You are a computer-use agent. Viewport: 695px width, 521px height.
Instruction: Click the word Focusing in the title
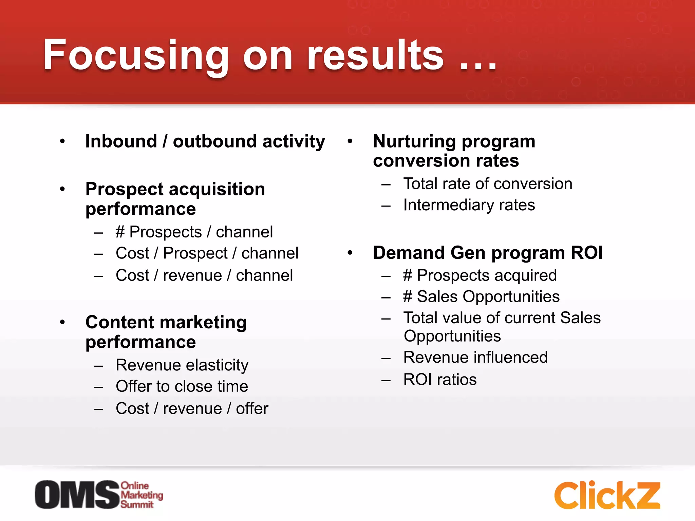coord(136,55)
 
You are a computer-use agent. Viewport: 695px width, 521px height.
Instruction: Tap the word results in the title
coord(375,55)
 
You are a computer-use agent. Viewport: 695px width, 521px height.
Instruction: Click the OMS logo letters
coord(77,495)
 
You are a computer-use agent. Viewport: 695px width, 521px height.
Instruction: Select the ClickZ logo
coord(607,495)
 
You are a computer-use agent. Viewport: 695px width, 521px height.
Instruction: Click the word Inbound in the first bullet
coord(121,141)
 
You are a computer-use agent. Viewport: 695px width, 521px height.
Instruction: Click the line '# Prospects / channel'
coord(194,232)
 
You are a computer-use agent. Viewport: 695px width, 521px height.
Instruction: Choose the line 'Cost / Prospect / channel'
coord(207,253)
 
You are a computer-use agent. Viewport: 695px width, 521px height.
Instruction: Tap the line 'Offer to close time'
coord(182,386)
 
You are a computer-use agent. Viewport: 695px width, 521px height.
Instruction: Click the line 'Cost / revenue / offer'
coord(192,408)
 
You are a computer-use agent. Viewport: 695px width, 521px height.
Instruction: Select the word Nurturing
coord(414,141)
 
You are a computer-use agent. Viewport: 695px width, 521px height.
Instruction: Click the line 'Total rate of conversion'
coord(488,184)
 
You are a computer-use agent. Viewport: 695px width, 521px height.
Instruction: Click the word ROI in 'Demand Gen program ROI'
coord(587,253)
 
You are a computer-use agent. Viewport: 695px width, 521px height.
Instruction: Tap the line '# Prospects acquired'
coord(480,275)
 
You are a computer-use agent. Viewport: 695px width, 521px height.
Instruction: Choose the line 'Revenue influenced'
coord(475,358)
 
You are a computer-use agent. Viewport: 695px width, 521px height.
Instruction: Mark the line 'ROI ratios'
coord(440,380)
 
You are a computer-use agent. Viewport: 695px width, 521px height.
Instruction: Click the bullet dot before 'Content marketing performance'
coord(62,322)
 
